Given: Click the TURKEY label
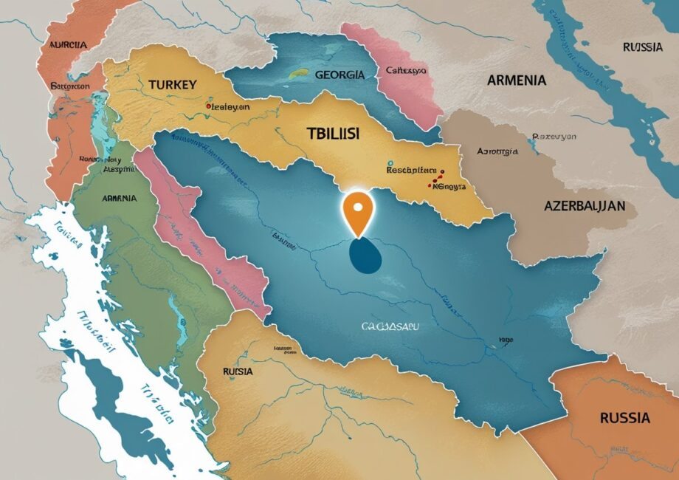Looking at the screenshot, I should tap(172, 84).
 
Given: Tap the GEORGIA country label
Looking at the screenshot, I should tap(339, 75).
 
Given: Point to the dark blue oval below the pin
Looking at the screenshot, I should tap(365, 255).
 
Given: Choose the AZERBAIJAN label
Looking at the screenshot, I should tap(585, 205).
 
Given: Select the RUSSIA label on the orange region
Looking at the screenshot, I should tap(624, 418).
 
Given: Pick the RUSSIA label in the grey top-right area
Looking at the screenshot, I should tap(642, 47).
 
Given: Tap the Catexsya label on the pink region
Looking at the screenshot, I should tap(407, 72).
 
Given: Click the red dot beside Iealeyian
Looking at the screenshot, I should tap(208, 106).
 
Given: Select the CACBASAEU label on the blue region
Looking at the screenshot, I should tap(387, 325).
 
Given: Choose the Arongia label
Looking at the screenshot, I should tap(497, 151).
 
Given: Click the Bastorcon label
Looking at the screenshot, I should tap(69, 86).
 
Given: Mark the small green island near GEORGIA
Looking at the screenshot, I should tap(298, 73).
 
